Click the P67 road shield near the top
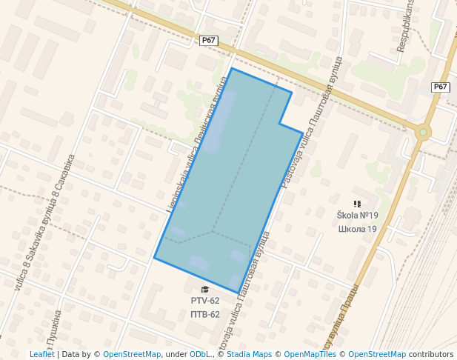208,41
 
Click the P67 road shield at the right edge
441,87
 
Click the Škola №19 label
357,216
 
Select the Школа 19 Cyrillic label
357,229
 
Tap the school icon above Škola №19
357,204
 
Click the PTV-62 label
205,301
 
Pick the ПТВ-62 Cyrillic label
205,314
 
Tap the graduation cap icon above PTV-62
205,289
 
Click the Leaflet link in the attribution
41,354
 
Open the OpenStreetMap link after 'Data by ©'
132,354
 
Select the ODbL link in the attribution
200,354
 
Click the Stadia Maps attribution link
249,354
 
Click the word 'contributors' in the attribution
431,354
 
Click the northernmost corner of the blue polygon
232,69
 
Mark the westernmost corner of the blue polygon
154,258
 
